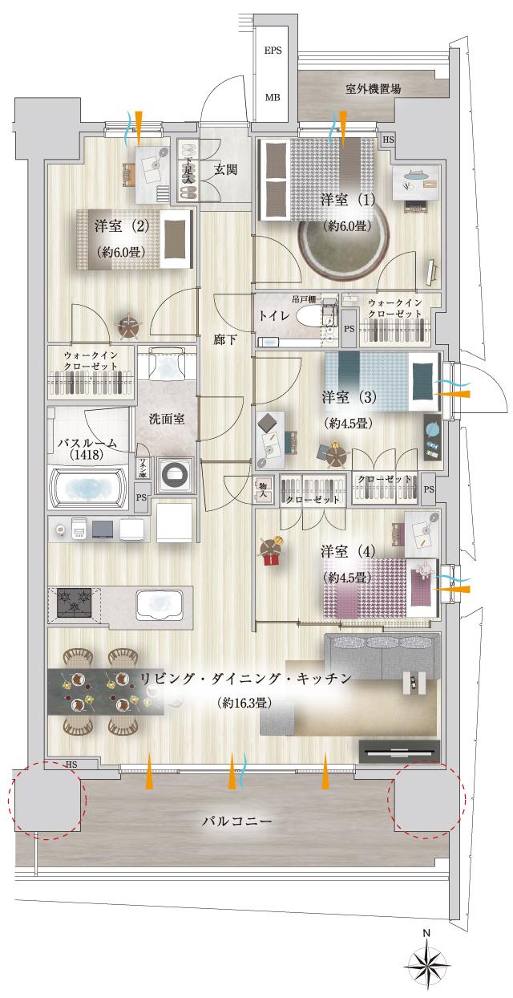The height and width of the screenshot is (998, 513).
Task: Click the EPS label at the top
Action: [273, 50]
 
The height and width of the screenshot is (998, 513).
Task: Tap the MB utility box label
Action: [273, 98]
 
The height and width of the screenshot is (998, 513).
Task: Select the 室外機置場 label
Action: [374, 89]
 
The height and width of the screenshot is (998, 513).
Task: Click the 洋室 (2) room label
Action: [121, 226]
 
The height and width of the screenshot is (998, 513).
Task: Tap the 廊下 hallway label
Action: [224, 339]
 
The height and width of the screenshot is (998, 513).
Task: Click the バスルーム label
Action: [87, 444]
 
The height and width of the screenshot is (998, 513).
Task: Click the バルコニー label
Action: [237, 822]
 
